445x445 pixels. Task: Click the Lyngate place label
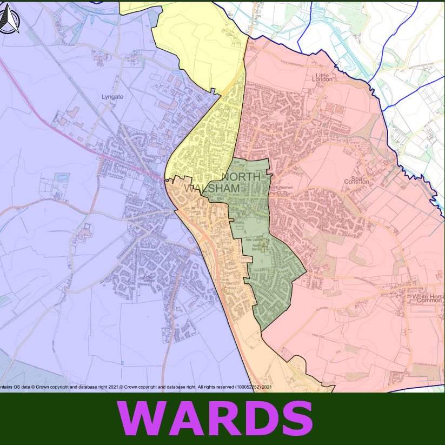(112, 97)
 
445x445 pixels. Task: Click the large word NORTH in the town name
(242, 177)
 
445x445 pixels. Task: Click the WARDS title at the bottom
(215, 419)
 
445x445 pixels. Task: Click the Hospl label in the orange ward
(230, 289)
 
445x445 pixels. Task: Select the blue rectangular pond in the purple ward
(62, 177)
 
